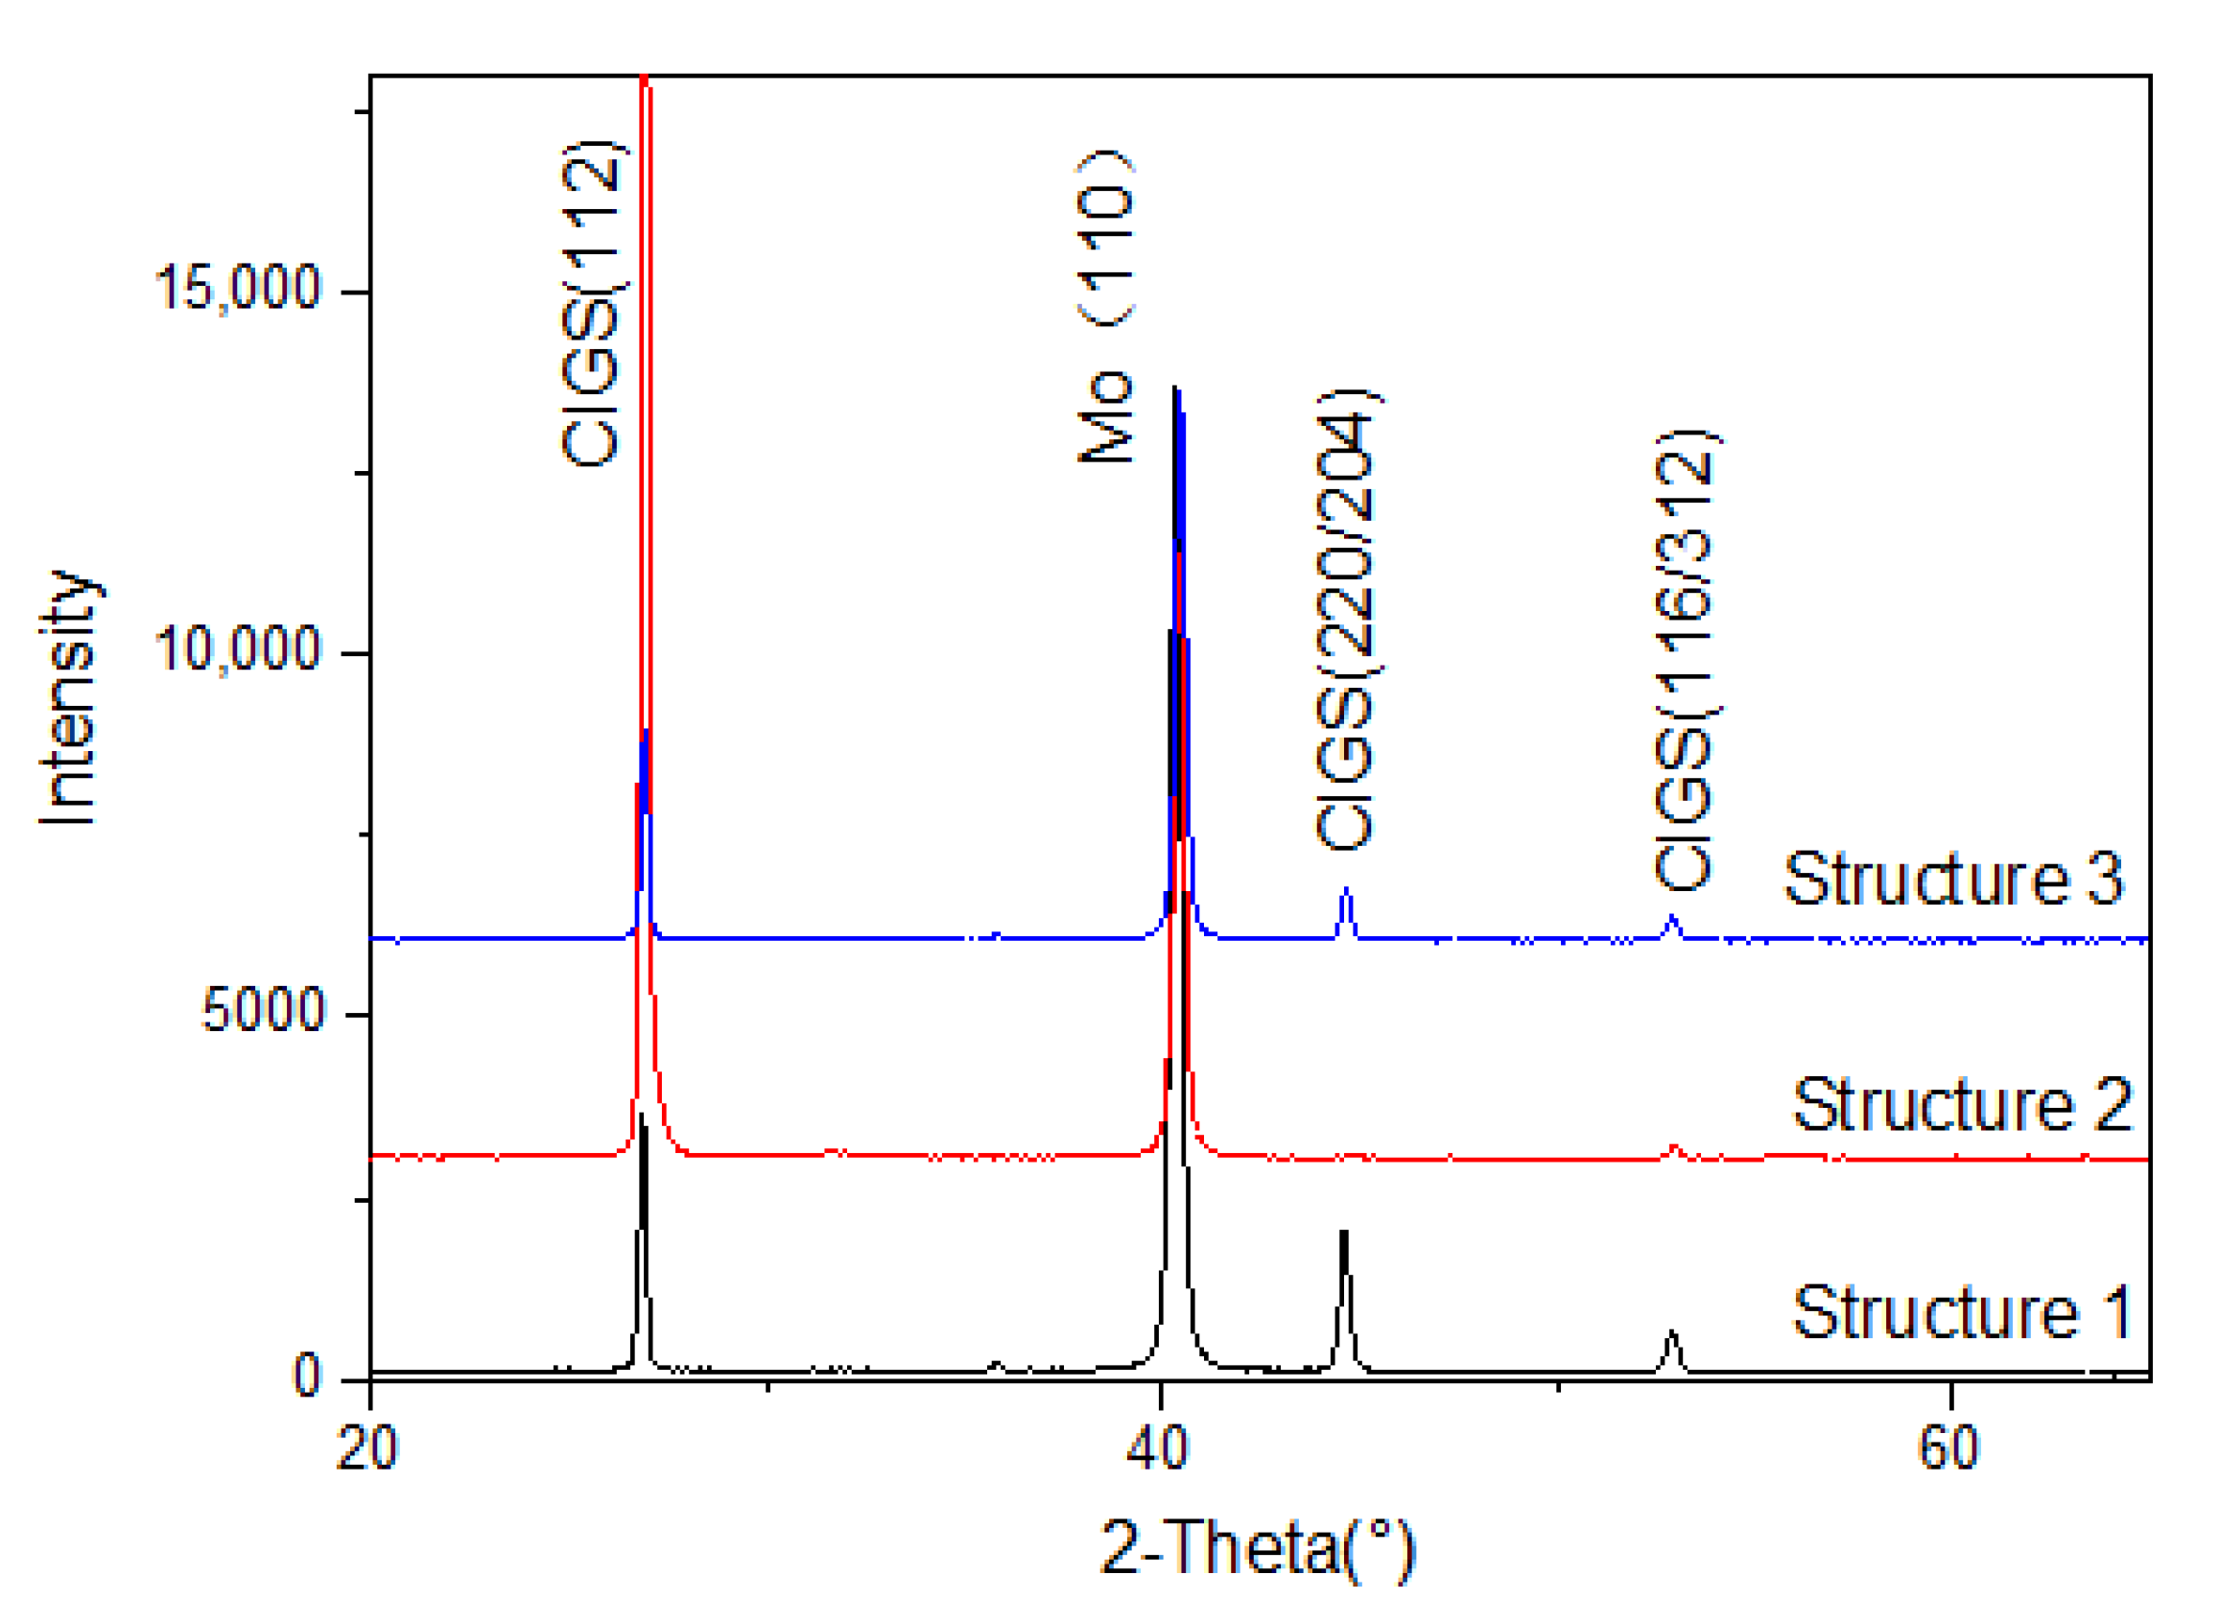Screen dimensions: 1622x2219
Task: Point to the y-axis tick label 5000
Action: pyautogui.click(x=262, y=1009)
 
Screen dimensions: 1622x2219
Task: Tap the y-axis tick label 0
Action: pyautogui.click(x=307, y=1375)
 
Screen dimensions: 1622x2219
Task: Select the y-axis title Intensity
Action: pyautogui.click(x=69, y=697)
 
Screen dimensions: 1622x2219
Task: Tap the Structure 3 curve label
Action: pyautogui.click(x=1953, y=879)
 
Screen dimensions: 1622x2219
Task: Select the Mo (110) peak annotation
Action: pyautogui.click(x=1105, y=306)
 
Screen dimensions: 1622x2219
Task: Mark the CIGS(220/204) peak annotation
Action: pyautogui.click(x=1346, y=621)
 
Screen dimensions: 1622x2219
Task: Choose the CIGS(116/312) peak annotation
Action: pyautogui.click(x=1685, y=660)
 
